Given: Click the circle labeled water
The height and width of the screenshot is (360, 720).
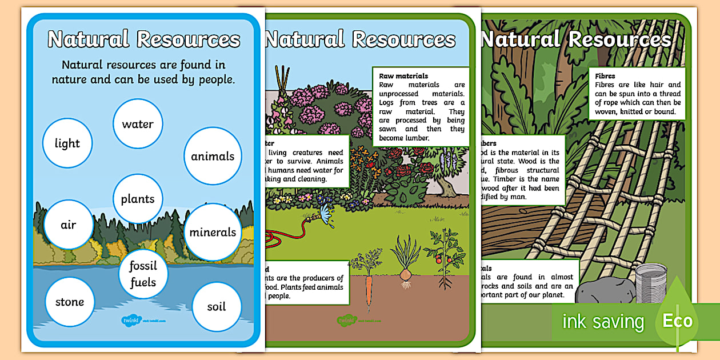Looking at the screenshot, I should click(138, 123).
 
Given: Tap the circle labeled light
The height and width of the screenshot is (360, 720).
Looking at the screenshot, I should click(67, 143).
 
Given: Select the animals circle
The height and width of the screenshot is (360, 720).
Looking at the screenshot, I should click(213, 156).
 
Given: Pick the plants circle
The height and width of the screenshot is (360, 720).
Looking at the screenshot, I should click(138, 199).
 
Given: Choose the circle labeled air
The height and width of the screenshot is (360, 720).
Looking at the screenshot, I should click(69, 225).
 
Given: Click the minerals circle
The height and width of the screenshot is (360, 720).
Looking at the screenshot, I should click(213, 232).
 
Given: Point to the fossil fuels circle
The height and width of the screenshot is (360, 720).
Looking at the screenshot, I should click(142, 274).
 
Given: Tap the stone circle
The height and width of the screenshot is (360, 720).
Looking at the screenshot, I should click(69, 302).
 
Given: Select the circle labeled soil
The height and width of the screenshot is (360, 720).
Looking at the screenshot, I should click(217, 306).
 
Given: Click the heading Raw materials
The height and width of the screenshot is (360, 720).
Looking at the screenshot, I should click(403, 76).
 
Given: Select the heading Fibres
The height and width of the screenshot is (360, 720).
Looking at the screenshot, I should click(605, 75).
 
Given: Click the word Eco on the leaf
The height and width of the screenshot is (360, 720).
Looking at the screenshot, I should click(677, 320).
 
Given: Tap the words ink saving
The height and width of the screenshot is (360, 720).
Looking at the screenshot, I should click(603, 322).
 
